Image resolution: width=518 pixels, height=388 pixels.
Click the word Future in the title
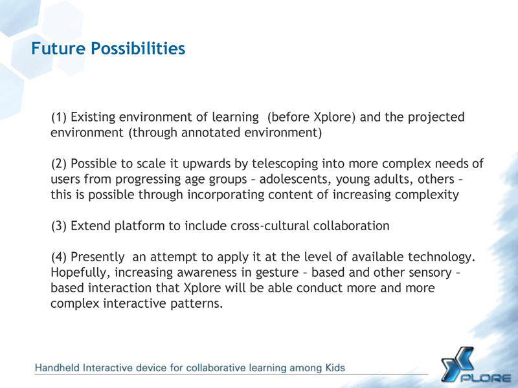click(x=58, y=48)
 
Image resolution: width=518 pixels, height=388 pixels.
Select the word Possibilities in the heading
click(x=138, y=48)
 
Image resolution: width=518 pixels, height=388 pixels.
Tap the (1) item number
click(x=59, y=117)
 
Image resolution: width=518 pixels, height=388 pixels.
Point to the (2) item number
click(x=59, y=164)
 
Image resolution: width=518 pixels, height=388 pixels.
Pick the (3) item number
click(x=59, y=226)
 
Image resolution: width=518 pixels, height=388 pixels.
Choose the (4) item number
click(x=59, y=257)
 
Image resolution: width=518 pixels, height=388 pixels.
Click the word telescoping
click(x=285, y=164)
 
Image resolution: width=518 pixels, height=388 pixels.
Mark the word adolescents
click(x=295, y=179)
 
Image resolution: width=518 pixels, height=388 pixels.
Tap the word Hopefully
click(x=80, y=273)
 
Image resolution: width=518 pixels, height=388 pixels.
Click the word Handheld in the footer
click(x=57, y=367)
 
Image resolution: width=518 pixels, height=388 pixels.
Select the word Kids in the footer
click(x=335, y=367)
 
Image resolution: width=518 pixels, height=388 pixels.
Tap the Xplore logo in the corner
click(x=476, y=365)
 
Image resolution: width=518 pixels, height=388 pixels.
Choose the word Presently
click(x=98, y=257)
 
